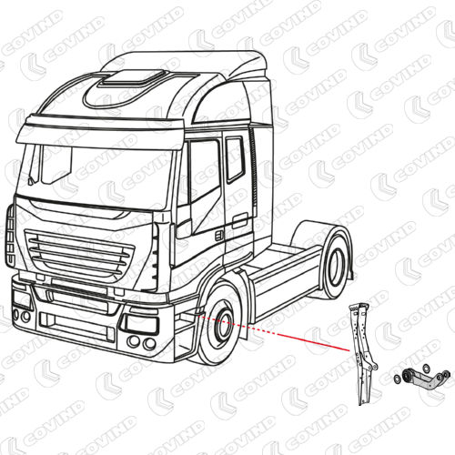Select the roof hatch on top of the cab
point(133,77)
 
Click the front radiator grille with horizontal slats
point(79,254)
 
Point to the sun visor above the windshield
point(100,131)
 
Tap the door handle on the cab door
point(240,220)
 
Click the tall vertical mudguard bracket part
point(363,353)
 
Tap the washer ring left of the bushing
point(396,379)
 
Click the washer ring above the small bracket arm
point(426,368)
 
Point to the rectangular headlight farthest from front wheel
point(22,298)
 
